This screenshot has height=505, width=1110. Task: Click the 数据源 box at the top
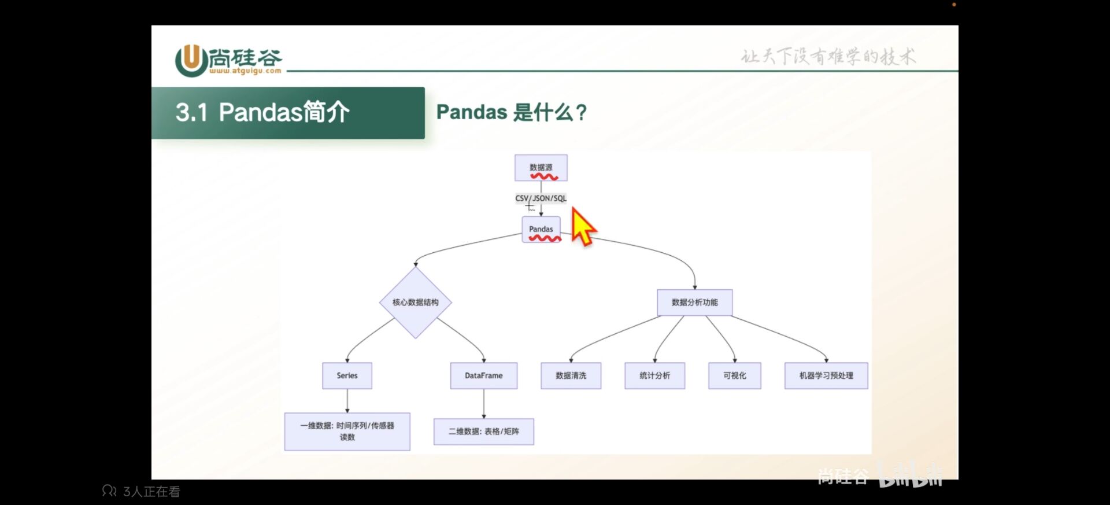(x=541, y=168)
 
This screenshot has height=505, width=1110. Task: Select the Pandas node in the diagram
(x=541, y=229)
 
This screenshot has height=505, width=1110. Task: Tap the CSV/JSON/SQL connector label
(x=541, y=198)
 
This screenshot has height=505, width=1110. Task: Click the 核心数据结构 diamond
(x=415, y=302)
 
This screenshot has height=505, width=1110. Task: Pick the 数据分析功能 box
(x=694, y=302)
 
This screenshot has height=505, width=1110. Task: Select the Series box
(x=347, y=375)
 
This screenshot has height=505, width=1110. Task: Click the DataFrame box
(x=483, y=375)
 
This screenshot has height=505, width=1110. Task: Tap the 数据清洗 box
(x=571, y=375)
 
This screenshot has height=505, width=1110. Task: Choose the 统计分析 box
(x=654, y=375)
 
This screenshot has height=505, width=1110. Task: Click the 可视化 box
(x=734, y=375)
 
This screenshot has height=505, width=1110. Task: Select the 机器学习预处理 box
(x=826, y=375)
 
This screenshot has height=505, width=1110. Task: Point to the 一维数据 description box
(x=347, y=432)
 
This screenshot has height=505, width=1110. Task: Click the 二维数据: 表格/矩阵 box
(x=483, y=432)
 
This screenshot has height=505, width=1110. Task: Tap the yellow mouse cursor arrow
(x=582, y=227)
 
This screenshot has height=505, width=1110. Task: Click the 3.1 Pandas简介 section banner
(x=288, y=113)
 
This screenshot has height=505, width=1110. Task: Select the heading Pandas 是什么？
(x=511, y=112)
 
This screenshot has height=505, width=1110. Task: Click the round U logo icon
(x=191, y=60)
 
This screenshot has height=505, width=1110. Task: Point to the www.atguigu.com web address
(x=245, y=71)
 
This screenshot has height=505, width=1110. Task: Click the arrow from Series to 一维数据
(x=347, y=401)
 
